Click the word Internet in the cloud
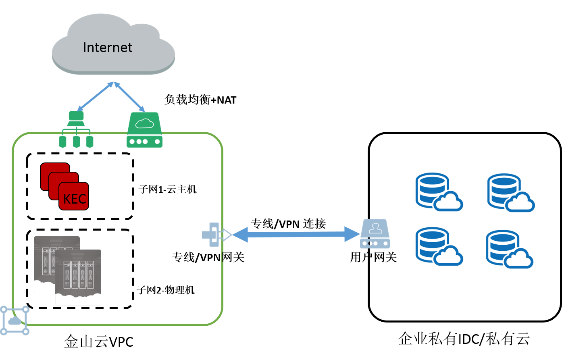click(x=108, y=48)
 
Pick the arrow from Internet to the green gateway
click(x=130, y=97)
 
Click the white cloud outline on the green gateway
click(x=144, y=123)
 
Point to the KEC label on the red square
click(x=75, y=199)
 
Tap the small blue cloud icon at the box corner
click(x=15, y=320)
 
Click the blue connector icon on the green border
click(x=211, y=234)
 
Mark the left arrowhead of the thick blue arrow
click(x=240, y=234)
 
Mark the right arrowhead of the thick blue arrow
click(x=352, y=234)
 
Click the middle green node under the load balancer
click(x=76, y=142)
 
